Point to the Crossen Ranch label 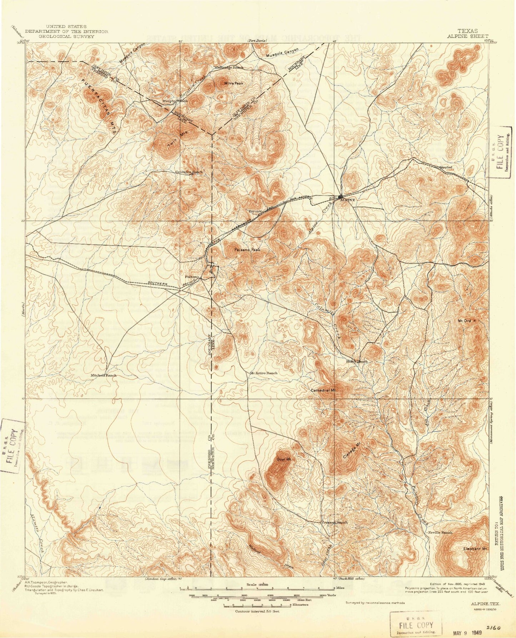point(334,522)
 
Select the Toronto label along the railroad point(256,211)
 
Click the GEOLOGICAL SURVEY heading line point(67,36)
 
